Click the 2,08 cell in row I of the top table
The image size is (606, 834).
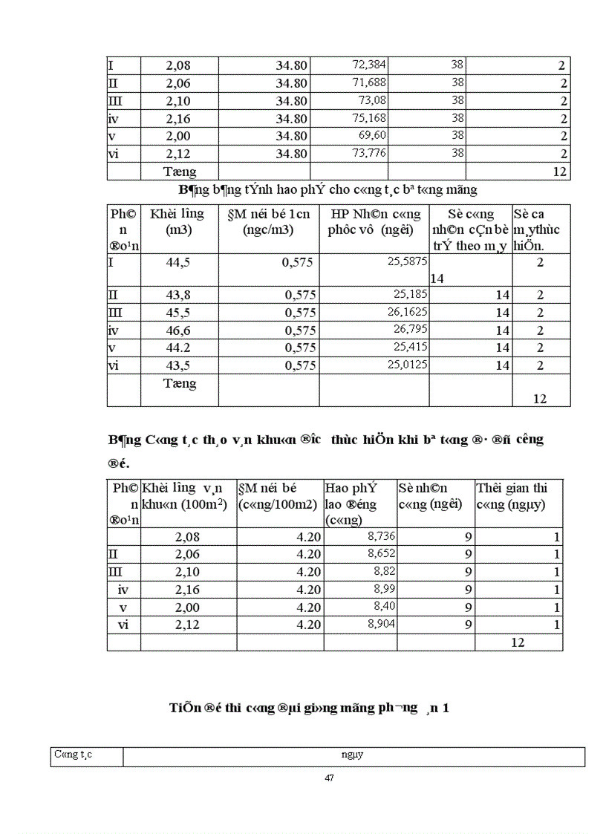pyautogui.click(x=178, y=66)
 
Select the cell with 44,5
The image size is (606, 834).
pyautogui.click(x=178, y=262)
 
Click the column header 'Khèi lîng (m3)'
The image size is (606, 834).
pyautogui.click(x=177, y=222)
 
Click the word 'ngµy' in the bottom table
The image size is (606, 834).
pyautogui.click(x=352, y=756)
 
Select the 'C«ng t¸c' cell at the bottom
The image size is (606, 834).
pyautogui.click(x=73, y=756)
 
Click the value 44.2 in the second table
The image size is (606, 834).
pyautogui.click(x=178, y=348)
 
